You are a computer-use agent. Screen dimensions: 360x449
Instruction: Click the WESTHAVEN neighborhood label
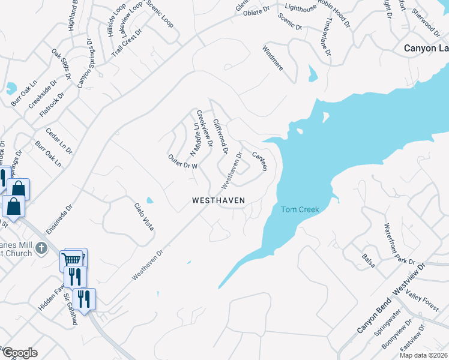click(x=218, y=200)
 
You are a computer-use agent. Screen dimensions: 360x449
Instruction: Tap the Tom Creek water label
click(x=300, y=209)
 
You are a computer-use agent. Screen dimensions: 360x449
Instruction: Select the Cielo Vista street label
click(x=143, y=217)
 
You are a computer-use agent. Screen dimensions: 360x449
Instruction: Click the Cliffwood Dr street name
click(x=221, y=134)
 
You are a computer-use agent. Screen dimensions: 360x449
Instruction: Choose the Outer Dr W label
click(x=182, y=161)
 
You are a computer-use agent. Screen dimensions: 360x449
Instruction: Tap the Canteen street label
click(x=259, y=161)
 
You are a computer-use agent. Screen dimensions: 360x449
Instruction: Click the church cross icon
click(x=41, y=248)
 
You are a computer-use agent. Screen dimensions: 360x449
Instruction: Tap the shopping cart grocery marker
click(x=71, y=260)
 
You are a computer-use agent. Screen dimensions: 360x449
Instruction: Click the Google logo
click(x=20, y=353)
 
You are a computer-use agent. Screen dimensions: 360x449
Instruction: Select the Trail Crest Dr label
click(x=128, y=42)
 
